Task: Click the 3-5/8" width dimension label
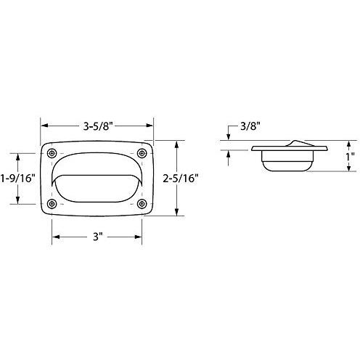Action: coord(98,126)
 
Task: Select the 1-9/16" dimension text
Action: coord(17,179)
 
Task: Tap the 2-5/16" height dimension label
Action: coord(181,179)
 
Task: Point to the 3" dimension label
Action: coord(98,237)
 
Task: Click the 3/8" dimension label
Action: coord(250,126)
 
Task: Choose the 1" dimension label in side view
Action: coord(350,157)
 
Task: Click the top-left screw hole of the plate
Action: coord(52,153)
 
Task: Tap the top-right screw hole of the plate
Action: coord(142,153)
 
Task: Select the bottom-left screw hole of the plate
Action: coord(52,204)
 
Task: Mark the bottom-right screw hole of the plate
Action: coord(142,204)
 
